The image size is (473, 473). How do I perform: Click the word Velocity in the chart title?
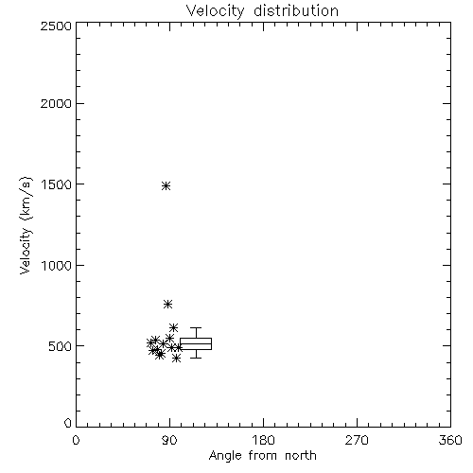click(x=215, y=11)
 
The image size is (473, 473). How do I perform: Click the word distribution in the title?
click(x=296, y=10)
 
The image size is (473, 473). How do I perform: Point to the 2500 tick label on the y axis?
click(x=56, y=26)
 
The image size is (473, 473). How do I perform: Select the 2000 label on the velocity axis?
click(x=56, y=103)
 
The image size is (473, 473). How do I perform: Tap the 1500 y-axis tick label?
click(x=57, y=184)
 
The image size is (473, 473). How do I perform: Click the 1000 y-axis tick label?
click(x=57, y=266)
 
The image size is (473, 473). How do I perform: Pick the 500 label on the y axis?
click(x=61, y=346)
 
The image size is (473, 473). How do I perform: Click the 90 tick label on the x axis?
click(x=169, y=440)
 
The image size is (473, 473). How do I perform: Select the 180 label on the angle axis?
click(x=263, y=440)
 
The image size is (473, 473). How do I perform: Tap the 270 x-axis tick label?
click(x=357, y=440)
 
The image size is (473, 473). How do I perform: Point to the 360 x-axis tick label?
click(x=450, y=440)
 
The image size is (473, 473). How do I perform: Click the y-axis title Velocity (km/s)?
click(x=26, y=225)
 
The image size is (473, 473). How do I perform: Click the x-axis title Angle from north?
click(x=262, y=456)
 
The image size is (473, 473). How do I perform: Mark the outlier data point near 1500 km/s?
click(x=166, y=186)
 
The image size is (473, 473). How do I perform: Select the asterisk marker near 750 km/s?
click(x=167, y=305)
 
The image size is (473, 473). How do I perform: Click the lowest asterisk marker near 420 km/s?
click(x=177, y=359)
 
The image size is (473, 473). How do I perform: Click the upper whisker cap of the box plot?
click(x=196, y=328)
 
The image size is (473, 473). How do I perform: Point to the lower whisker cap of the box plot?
click(x=196, y=358)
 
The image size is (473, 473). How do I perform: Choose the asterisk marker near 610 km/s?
click(x=173, y=328)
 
